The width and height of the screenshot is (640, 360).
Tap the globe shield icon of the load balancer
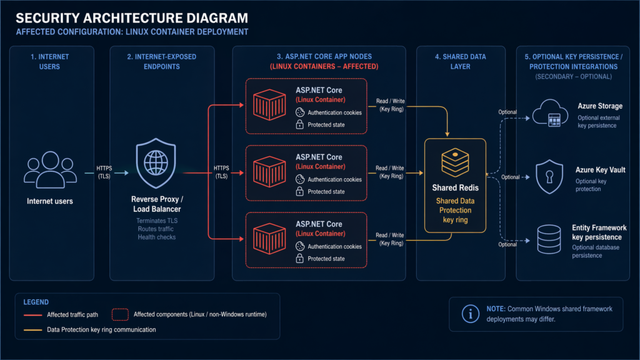click(x=156, y=164)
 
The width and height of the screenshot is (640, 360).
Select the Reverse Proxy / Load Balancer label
click(x=156, y=204)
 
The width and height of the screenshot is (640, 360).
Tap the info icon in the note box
click(x=469, y=314)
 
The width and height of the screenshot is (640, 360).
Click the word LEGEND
click(x=36, y=302)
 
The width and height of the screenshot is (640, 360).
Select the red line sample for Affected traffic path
click(x=32, y=314)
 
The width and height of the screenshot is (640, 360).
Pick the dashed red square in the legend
click(x=121, y=314)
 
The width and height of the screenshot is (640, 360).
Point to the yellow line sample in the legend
click(x=32, y=329)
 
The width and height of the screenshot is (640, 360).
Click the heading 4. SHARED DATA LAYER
click(x=461, y=61)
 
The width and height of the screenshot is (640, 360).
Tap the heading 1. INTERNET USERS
click(x=50, y=61)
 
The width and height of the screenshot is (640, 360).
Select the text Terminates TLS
click(x=156, y=221)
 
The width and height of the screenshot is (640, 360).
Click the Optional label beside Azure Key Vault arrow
click(x=510, y=177)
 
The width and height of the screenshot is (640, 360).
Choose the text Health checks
click(x=156, y=237)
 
